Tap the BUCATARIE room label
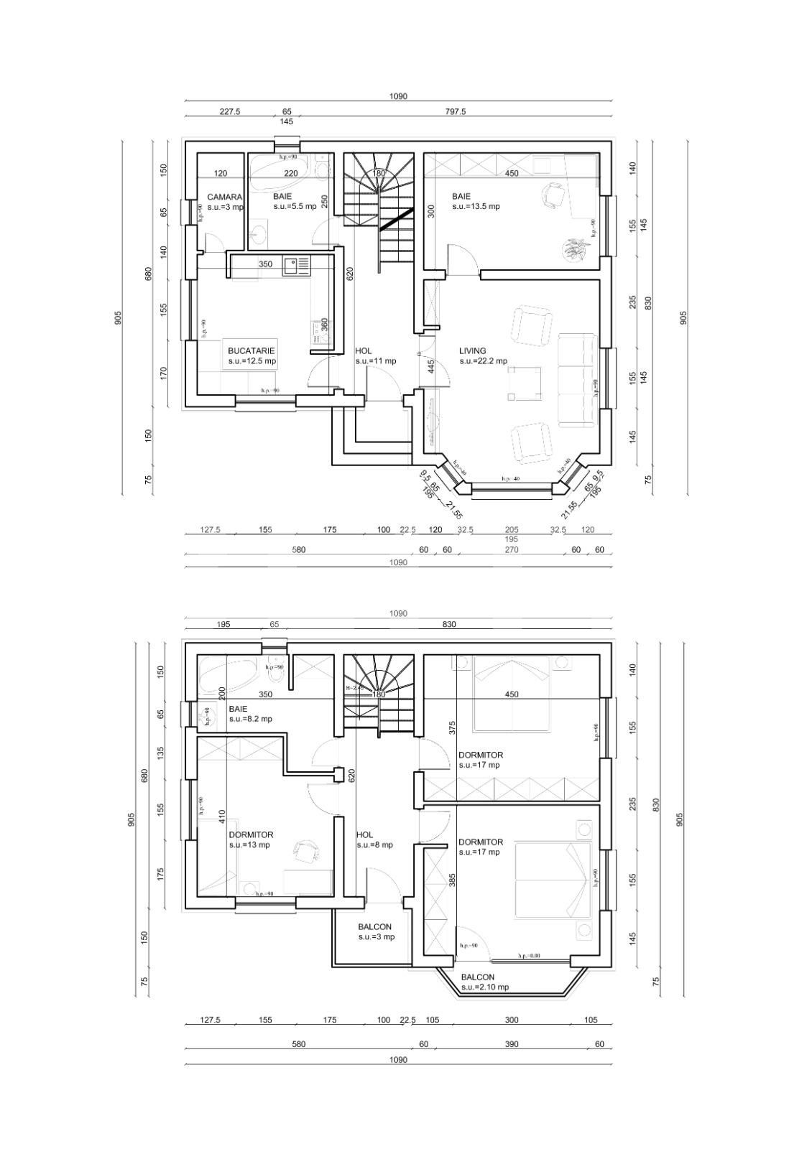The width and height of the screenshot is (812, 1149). click(x=251, y=351)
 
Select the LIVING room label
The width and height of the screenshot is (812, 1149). click(x=473, y=351)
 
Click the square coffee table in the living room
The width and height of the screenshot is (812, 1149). click(x=525, y=382)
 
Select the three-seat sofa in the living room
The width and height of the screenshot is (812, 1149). click(x=578, y=380)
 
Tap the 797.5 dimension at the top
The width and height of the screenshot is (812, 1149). click(x=455, y=112)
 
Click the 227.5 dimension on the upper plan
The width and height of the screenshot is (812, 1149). click(x=230, y=112)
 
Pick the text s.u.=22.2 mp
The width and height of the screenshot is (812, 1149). click(x=483, y=361)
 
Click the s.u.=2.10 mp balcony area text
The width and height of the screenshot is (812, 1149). click(x=484, y=987)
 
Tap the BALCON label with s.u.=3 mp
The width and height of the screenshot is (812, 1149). click(x=375, y=927)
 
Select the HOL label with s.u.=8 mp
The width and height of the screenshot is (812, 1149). click(x=364, y=835)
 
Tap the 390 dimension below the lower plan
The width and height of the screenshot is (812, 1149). click(x=511, y=1044)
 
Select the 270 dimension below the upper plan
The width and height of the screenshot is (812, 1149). click(x=511, y=550)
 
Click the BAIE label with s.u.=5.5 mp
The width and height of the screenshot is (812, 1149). click(x=282, y=196)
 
